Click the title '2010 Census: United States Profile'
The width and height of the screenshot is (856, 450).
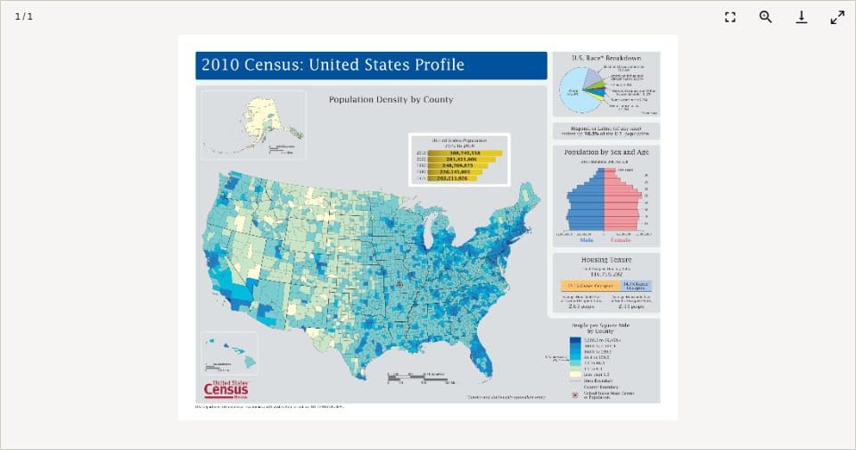(333, 65)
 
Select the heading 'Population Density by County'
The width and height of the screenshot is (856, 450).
(391, 99)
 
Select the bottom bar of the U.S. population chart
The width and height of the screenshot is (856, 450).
(453, 178)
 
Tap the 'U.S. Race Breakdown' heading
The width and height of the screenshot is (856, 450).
(605, 58)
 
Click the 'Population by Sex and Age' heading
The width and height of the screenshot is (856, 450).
(605, 153)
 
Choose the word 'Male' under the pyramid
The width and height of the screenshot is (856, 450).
(587, 240)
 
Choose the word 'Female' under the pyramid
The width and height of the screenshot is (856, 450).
(621, 240)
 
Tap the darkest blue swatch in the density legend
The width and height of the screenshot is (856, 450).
(575, 339)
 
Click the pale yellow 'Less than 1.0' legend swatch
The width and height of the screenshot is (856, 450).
(575, 373)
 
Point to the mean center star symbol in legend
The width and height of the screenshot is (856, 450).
(575, 395)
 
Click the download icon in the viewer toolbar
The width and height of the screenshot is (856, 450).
(802, 17)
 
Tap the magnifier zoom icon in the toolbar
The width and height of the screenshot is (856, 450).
(765, 17)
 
